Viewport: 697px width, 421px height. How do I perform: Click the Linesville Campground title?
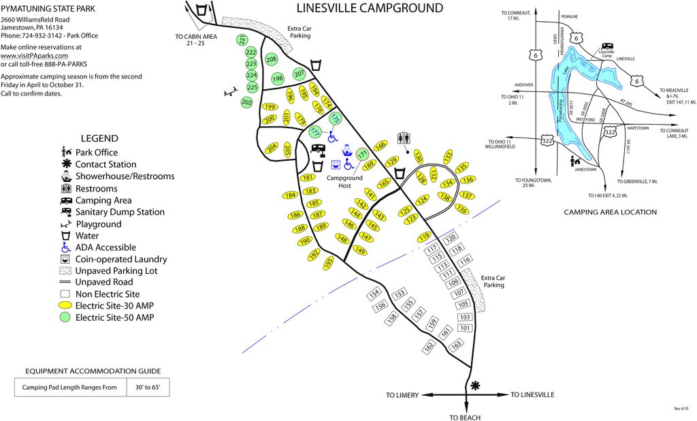pos(370,8)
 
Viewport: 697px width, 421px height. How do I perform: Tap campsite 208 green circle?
pos(271,60)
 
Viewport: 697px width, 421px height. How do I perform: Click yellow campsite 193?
pos(329,262)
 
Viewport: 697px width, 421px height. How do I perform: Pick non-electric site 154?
pos(374,294)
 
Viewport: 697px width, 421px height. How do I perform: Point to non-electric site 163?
pos(457,344)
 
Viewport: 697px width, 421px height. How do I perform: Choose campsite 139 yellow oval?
pos(462,210)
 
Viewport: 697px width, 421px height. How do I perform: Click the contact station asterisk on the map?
pos(474,386)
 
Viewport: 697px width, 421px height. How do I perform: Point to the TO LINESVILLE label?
pos(532,395)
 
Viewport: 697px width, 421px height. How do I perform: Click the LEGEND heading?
pos(99,138)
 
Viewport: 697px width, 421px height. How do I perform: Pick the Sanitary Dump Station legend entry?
pos(120,212)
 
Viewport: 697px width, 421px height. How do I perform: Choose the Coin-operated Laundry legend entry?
pos(121,259)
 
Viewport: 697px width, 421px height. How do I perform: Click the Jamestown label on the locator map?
pos(585,169)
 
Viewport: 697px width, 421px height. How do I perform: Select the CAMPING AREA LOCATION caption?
pos(610,212)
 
